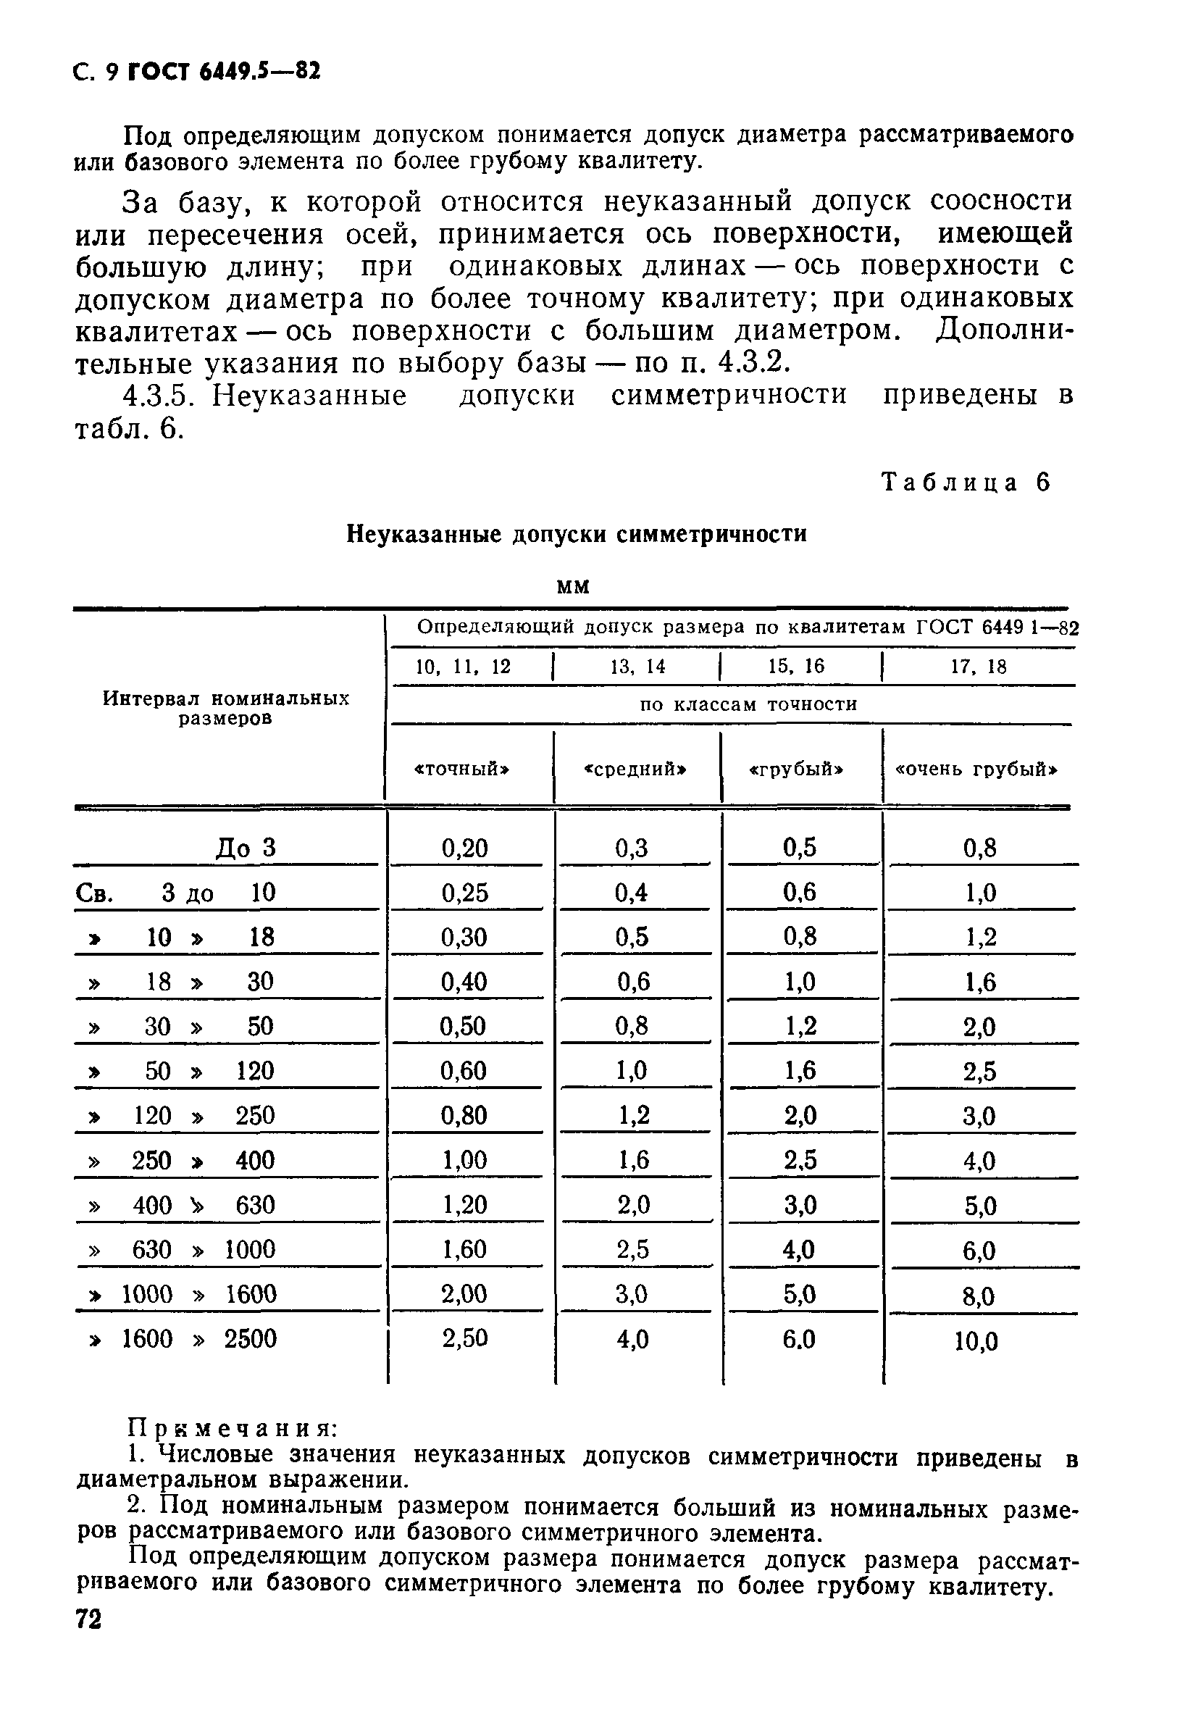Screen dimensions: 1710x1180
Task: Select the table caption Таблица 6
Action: coord(966,483)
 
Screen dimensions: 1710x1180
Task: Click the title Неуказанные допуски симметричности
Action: coord(577,533)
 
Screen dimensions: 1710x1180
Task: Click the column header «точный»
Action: coord(462,769)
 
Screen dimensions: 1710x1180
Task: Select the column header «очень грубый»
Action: coord(976,769)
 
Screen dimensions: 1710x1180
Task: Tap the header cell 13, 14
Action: coord(637,667)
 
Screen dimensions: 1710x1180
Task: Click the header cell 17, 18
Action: coord(978,667)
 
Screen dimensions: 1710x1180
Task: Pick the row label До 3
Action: coord(246,848)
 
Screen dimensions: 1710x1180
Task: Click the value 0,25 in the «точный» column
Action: coord(465,893)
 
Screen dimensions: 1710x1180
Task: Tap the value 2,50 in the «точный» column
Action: coord(465,1338)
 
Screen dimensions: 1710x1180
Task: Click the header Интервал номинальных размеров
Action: coord(225,708)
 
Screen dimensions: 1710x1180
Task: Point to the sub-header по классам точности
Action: coord(748,704)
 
